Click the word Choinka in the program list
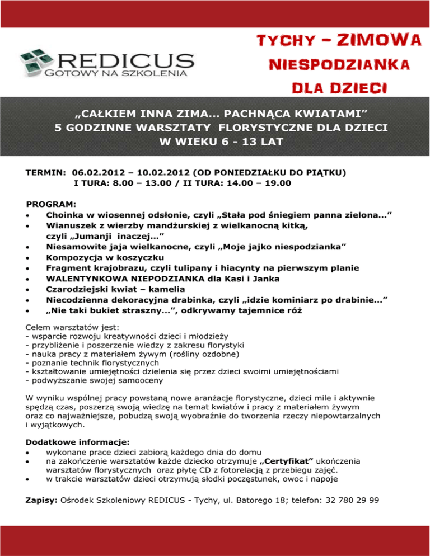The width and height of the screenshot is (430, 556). pyautogui.click(x=66, y=215)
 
